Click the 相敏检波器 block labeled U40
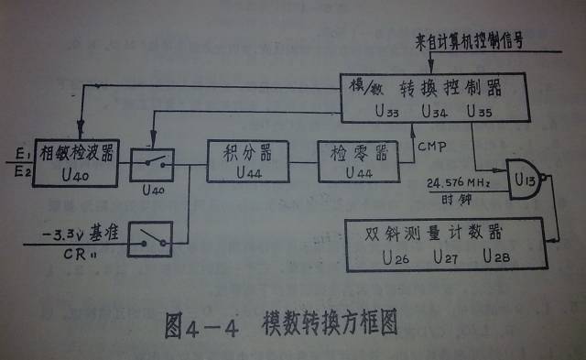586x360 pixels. click(75, 161)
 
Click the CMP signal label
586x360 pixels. click(429, 144)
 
